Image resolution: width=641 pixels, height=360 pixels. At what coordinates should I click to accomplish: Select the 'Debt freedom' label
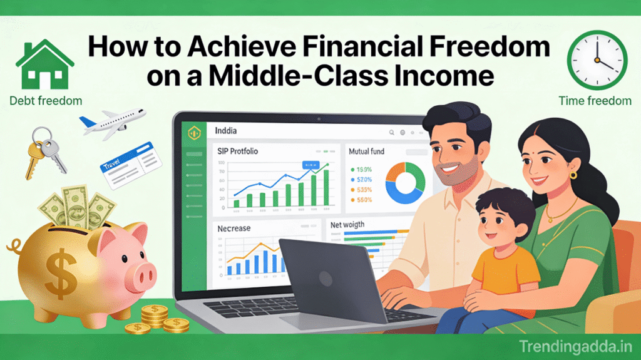tap(46, 100)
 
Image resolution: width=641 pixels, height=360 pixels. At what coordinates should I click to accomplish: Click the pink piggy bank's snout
tap(145, 273)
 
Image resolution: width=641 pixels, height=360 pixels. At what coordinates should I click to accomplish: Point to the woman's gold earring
tap(573, 176)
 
